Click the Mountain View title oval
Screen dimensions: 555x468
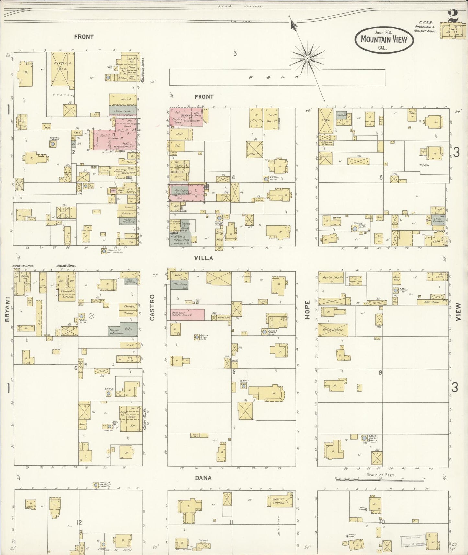(384, 40)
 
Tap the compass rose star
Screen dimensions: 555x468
(307, 58)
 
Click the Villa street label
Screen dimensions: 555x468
(204, 258)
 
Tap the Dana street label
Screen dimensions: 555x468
(203, 478)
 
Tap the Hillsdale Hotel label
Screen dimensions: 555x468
(142, 70)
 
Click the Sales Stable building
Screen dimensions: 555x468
(333, 330)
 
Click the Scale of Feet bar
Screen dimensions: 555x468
(380, 478)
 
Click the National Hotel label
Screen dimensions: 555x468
(23, 266)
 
